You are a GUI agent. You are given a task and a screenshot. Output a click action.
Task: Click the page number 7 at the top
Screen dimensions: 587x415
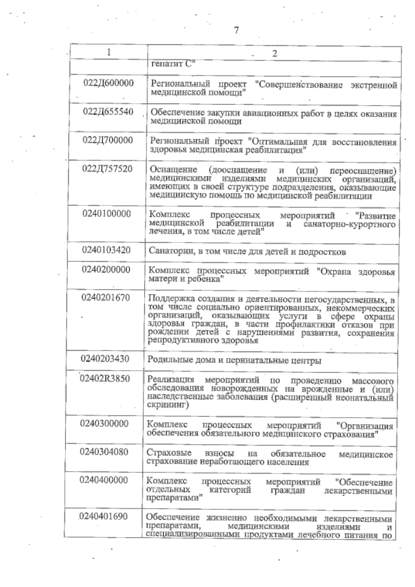click(x=237, y=30)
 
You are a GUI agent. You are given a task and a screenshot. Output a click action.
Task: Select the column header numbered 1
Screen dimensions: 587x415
click(x=109, y=52)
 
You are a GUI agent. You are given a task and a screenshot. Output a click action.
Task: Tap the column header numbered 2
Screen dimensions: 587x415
click(x=275, y=54)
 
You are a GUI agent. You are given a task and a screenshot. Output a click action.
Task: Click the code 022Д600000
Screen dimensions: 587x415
click(x=109, y=83)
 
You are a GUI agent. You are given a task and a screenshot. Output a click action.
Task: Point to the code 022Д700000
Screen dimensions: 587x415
click(x=108, y=140)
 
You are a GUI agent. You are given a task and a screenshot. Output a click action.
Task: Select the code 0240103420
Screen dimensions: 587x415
click(x=106, y=250)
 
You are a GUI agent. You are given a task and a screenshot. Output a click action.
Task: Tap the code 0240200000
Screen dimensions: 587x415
click(x=106, y=269)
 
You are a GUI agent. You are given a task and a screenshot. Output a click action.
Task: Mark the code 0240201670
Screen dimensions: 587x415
click(x=105, y=297)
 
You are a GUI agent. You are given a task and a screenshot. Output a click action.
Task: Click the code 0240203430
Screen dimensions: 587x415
click(x=105, y=358)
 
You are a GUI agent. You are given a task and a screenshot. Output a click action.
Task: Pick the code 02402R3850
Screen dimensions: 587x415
click(x=105, y=378)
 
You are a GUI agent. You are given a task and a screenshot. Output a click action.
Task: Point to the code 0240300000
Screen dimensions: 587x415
click(x=104, y=424)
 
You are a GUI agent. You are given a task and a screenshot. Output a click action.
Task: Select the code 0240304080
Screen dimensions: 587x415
click(x=104, y=452)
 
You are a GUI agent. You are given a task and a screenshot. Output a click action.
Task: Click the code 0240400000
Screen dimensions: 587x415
click(x=103, y=480)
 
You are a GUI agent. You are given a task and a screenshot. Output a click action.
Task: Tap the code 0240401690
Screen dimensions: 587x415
click(x=103, y=516)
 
